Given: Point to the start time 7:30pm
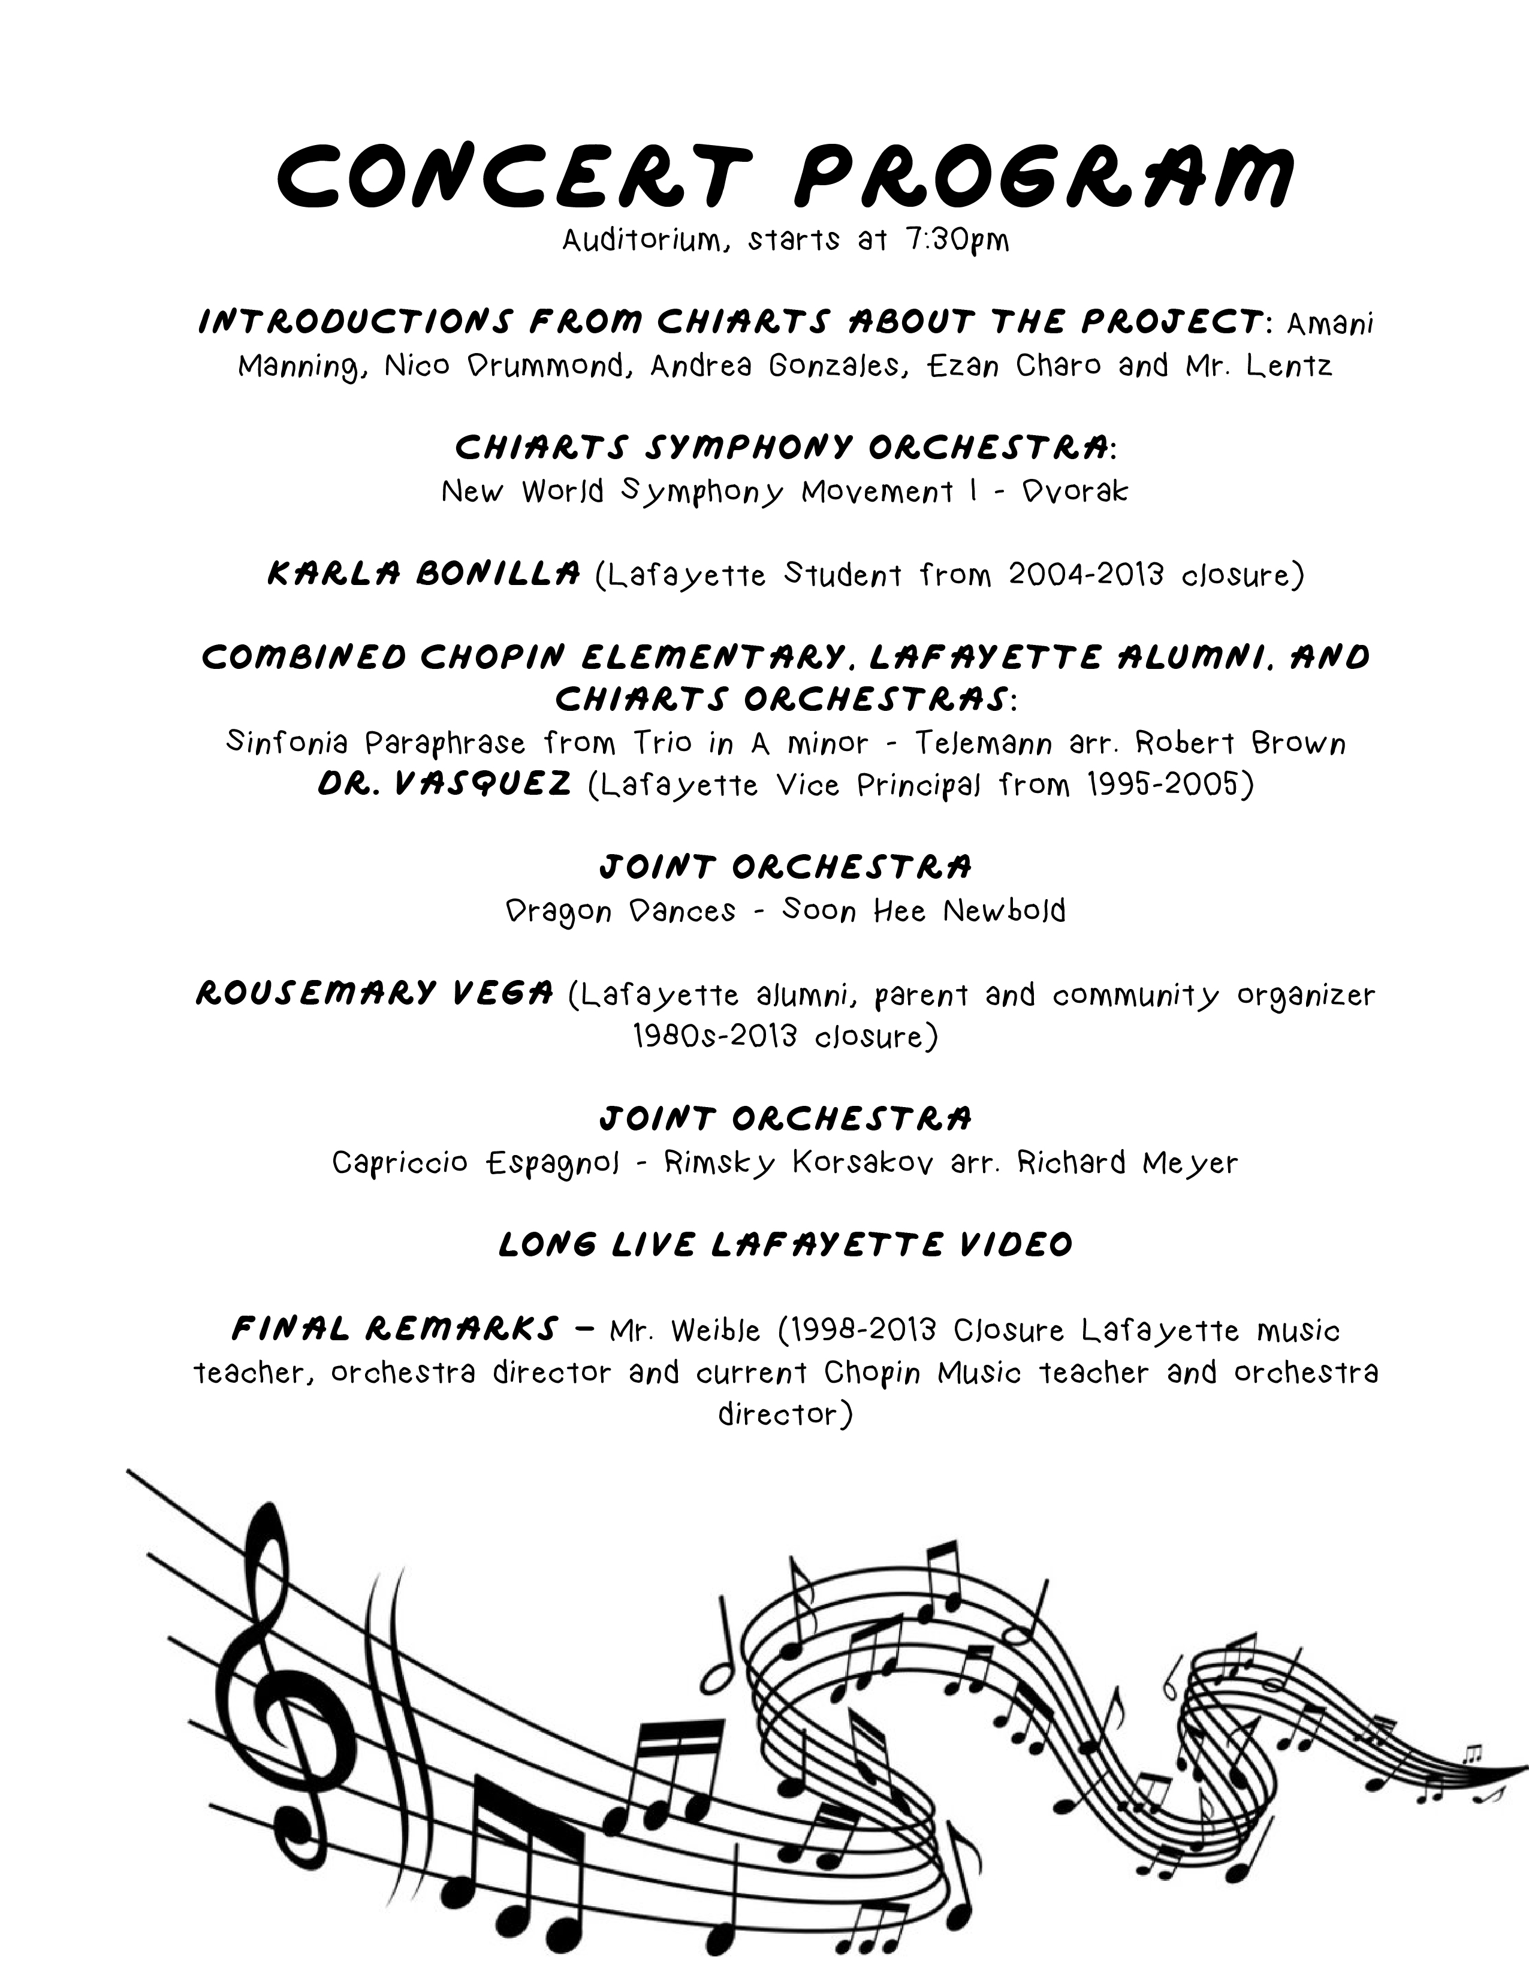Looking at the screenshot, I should [x=955, y=242].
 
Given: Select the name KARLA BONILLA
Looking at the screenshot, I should [x=423, y=573].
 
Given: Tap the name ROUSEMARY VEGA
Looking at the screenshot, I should [x=374, y=994].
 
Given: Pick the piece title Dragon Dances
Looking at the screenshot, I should [x=620, y=910].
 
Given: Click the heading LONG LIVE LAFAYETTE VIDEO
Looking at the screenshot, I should [x=785, y=1244].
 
